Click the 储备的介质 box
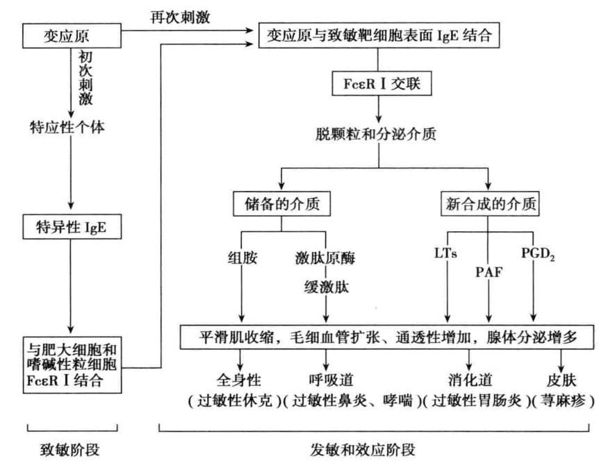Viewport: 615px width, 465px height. click(280, 205)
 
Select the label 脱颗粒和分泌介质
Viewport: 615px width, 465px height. click(377, 134)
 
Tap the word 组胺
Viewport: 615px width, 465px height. click(241, 255)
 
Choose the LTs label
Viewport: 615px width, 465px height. click(447, 253)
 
